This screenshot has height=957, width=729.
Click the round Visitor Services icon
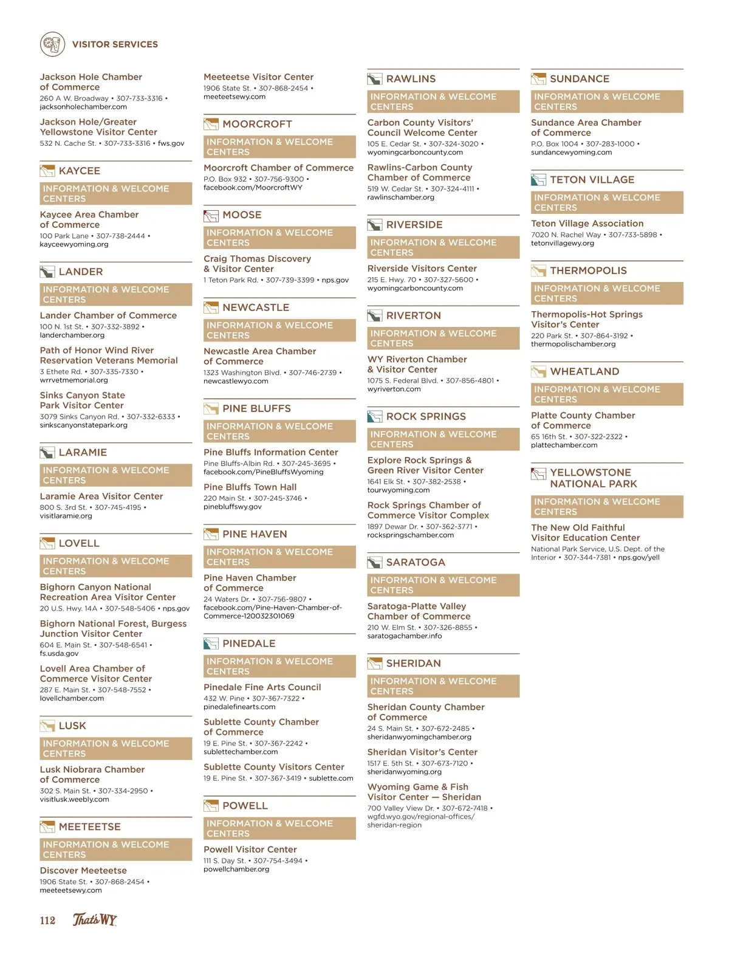click(52, 44)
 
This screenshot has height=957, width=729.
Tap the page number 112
click(47, 920)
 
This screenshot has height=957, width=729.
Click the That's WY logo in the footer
click(95, 919)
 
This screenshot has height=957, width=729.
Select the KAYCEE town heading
click(79, 171)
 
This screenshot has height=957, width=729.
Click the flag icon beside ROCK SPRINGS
click(375, 416)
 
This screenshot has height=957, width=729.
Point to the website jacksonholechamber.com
click(83, 107)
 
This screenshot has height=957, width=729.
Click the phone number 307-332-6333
click(151, 417)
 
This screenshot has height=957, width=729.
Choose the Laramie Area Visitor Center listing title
click(101, 496)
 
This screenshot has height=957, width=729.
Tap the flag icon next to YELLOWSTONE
click(538, 473)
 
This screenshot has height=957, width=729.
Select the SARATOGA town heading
click(416, 563)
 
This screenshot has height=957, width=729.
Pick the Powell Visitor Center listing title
click(250, 849)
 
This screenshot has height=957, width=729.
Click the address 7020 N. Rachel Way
click(566, 235)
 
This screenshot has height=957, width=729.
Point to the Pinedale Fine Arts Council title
click(262, 687)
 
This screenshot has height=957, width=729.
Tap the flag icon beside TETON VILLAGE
click(538, 180)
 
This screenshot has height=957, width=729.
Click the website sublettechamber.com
click(241, 752)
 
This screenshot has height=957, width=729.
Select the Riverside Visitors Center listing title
click(422, 269)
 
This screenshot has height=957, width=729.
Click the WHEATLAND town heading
click(584, 371)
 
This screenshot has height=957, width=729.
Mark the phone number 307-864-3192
click(604, 335)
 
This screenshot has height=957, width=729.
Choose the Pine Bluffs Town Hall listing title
click(250, 487)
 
